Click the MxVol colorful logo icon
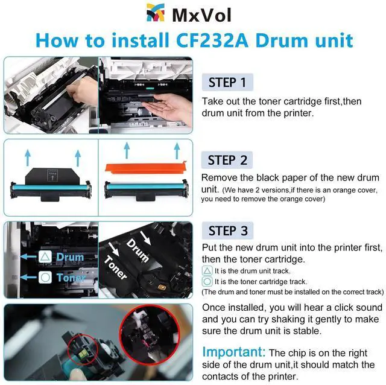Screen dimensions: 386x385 156,13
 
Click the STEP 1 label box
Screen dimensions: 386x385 227,82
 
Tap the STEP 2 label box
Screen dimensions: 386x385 227,160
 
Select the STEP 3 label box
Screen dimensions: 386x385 227,231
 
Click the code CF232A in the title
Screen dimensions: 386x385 212,40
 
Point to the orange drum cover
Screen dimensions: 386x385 145,168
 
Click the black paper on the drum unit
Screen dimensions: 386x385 52,176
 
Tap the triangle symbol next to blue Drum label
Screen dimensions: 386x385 45,256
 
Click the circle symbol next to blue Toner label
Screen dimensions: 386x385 45,278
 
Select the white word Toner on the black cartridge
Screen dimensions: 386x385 115,267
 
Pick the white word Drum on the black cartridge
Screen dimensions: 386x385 138,250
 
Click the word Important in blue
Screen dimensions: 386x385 233,352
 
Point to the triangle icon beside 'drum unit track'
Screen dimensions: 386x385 207,271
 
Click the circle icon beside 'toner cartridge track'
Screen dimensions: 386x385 207,281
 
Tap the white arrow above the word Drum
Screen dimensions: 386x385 145,237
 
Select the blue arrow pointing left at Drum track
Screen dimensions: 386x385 28,256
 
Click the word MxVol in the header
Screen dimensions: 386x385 201,15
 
